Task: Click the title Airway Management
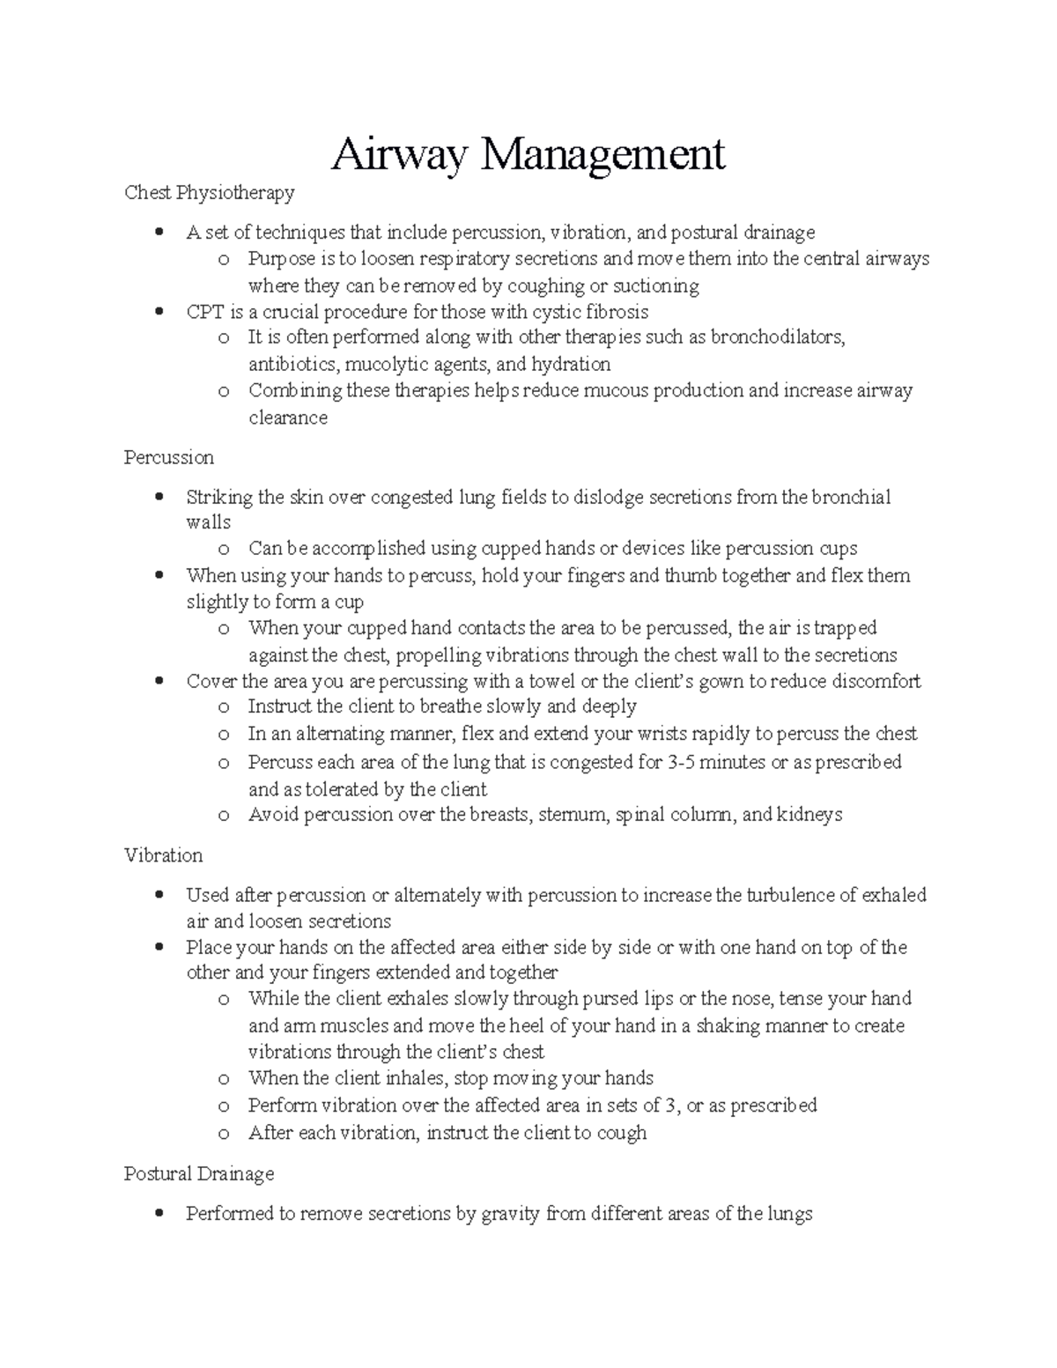(528, 155)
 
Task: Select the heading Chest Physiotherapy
(210, 192)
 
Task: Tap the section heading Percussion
(169, 458)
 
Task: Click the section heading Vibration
(164, 855)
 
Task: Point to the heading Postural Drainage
(199, 1174)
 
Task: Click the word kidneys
(809, 815)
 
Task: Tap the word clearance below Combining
(288, 418)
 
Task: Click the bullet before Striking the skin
(159, 497)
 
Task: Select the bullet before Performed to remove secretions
(159, 1214)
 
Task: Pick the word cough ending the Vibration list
(622, 1133)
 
